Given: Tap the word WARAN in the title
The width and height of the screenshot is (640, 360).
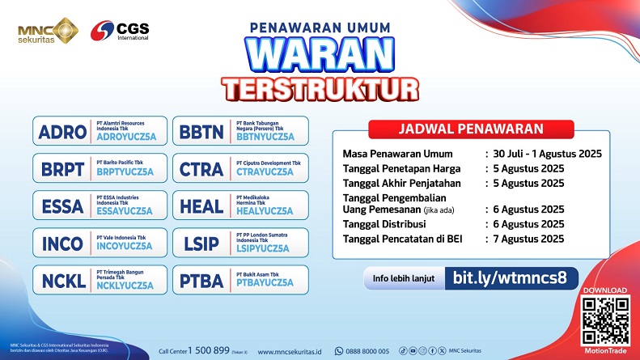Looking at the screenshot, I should pyautogui.click(x=321, y=55).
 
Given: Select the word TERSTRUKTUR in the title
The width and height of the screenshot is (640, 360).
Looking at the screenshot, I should pyautogui.click(x=321, y=87).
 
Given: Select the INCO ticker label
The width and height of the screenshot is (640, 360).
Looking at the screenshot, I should pyautogui.click(x=61, y=243).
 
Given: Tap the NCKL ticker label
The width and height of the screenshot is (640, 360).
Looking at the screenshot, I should pyautogui.click(x=61, y=280).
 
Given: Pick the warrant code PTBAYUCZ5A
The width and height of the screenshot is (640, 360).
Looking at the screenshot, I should pyautogui.click(x=265, y=285).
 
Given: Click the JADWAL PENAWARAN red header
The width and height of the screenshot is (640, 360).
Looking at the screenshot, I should pyautogui.click(x=470, y=129).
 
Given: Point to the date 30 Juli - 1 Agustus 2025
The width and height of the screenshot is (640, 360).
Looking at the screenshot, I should pyautogui.click(x=549, y=153).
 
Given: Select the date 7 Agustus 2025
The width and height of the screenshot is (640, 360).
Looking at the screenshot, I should pyautogui.click(x=529, y=238).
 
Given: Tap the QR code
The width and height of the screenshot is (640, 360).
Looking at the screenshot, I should pyautogui.click(x=605, y=321).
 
